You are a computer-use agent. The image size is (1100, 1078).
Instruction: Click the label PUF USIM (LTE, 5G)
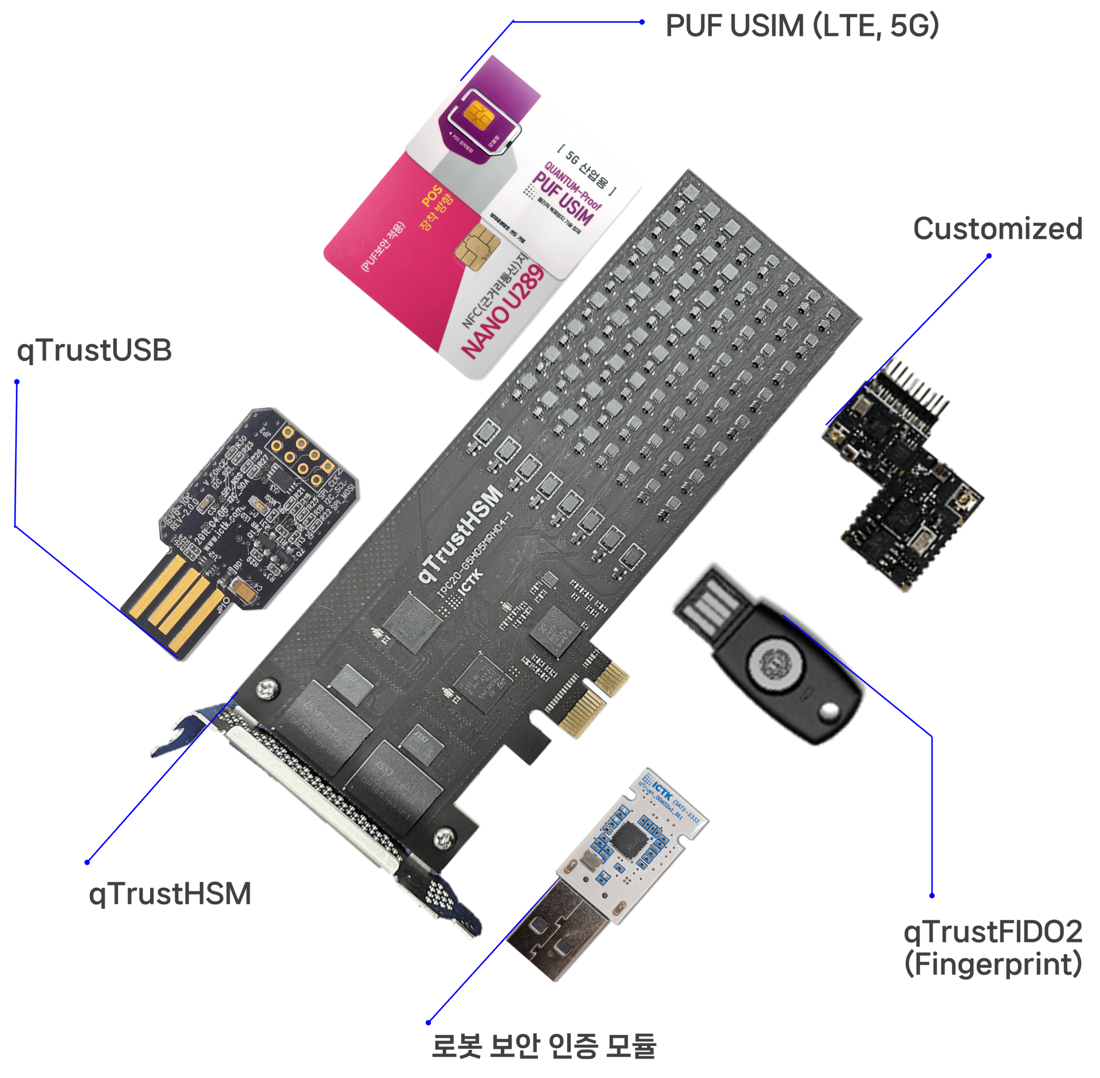tap(801, 26)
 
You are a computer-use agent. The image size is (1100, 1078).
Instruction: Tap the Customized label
tap(997, 229)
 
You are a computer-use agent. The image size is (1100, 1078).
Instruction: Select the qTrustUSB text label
tap(94, 350)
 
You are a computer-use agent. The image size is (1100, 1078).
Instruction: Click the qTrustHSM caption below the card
tap(170, 893)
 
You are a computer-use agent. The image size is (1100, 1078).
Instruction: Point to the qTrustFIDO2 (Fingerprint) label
tap(993, 947)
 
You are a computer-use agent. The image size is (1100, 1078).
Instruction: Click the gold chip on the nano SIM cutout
tap(479, 114)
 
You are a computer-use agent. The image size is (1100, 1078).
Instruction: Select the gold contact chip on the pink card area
tap(477, 244)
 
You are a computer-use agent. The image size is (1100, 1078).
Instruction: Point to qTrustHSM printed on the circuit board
tap(461, 534)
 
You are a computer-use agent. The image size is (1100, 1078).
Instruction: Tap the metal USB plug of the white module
tap(556, 928)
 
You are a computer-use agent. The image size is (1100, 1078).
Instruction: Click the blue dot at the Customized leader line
tap(989, 256)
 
